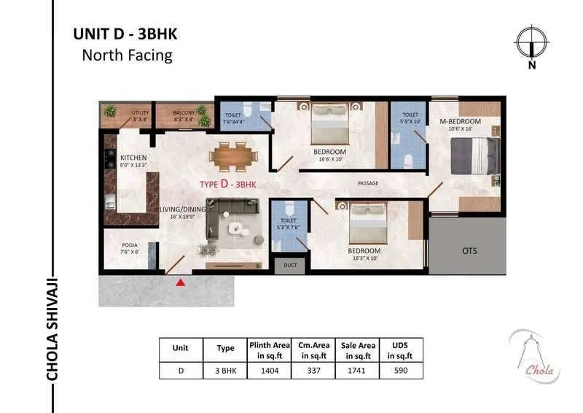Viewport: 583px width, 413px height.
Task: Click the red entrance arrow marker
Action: tap(180, 282)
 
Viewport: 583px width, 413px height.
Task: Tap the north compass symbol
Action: tap(531, 42)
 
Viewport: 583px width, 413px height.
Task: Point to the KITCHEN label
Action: tap(133, 158)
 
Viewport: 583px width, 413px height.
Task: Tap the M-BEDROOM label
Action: tap(464, 120)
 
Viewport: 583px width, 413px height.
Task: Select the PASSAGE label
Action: tap(367, 183)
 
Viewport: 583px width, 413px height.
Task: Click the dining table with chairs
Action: tap(232, 155)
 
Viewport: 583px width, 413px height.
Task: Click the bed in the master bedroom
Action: tap(474, 155)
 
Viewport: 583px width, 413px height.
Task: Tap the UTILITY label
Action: tap(140, 113)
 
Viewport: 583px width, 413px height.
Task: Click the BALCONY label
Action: tap(184, 113)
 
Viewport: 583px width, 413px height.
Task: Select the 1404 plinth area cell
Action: tap(270, 371)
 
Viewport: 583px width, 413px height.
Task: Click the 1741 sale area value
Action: tap(357, 371)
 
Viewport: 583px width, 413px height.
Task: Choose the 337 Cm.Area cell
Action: tap(313, 371)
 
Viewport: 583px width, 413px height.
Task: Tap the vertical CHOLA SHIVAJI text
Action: tap(52, 328)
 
